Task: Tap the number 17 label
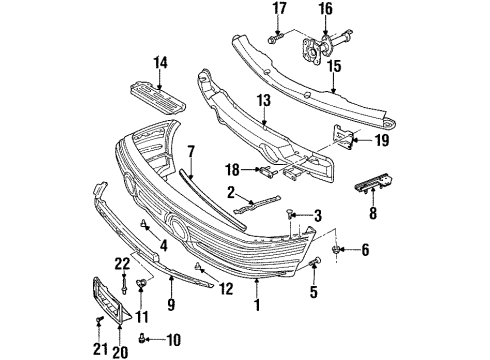point(278,10)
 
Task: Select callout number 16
point(324,10)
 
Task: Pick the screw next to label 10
point(143,339)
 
